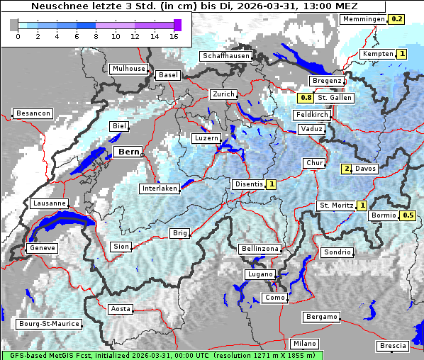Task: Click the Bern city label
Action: pyautogui.click(x=128, y=152)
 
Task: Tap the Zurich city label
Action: pyautogui.click(x=223, y=94)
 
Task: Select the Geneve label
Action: pyautogui.click(x=42, y=248)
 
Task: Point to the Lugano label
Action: pyautogui.click(x=260, y=274)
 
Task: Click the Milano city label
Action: pyautogui.click(x=305, y=343)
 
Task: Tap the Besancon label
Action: pyautogui.click(x=33, y=113)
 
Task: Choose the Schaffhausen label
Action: pyautogui.click(x=226, y=56)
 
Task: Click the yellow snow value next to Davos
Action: pyautogui.click(x=347, y=169)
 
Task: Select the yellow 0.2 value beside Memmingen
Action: pyautogui.click(x=397, y=19)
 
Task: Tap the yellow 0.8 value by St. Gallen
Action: pyautogui.click(x=306, y=98)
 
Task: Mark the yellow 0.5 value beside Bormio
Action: pyautogui.click(x=408, y=215)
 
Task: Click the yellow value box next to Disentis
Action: pyautogui.click(x=271, y=184)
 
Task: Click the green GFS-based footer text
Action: pyautogui.click(x=162, y=355)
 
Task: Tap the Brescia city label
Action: pyautogui.click(x=393, y=346)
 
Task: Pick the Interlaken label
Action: pyautogui.click(x=160, y=189)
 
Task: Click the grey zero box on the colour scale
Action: pyautogui.click(x=14, y=25)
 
